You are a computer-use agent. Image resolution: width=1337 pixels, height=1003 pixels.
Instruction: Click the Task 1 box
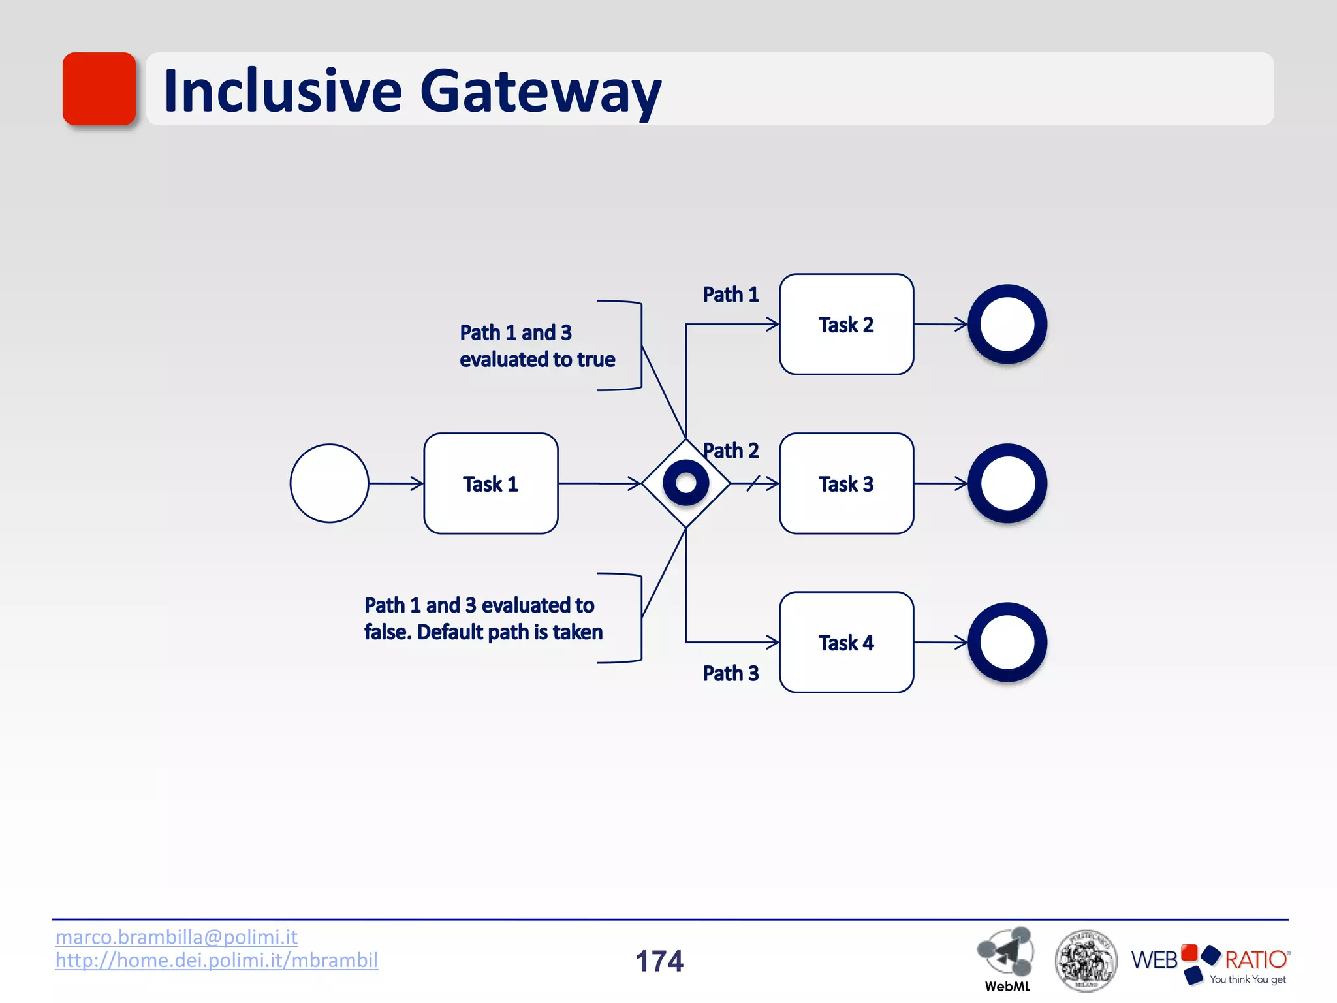(490, 483)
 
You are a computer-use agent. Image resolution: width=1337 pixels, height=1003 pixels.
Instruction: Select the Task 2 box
(846, 325)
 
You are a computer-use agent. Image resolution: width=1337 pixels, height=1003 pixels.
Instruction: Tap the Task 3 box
(846, 483)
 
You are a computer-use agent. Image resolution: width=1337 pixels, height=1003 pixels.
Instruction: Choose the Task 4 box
(846, 643)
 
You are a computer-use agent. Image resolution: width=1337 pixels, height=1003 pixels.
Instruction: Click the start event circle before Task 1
(329, 483)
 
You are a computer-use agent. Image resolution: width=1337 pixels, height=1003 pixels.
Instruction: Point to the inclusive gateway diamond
(685, 483)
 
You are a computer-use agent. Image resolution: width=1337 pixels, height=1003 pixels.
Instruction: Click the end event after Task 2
(1007, 325)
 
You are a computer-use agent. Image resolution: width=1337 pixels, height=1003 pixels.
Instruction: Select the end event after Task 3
(1007, 483)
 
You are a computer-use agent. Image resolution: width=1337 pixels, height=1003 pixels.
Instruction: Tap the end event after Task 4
(1007, 643)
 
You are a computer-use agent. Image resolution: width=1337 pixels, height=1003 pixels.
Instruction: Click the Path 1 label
(731, 295)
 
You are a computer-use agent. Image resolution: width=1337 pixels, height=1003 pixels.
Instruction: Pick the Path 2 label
(731, 451)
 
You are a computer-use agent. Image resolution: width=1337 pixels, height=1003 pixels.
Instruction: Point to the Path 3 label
(731, 673)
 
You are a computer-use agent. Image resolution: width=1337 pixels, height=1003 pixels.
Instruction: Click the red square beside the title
(99, 89)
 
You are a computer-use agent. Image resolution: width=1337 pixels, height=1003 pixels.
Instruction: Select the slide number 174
(659, 961)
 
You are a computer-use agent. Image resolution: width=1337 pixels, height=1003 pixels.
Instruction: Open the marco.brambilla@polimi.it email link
(176, 937)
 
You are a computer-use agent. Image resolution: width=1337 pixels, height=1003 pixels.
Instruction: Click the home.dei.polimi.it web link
(217, 961)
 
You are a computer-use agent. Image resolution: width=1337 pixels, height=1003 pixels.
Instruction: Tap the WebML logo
(1006, 957)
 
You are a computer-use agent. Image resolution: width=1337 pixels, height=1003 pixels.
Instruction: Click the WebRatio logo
(1210, 963)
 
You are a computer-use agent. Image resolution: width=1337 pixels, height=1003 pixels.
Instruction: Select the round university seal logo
(1086, 960)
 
